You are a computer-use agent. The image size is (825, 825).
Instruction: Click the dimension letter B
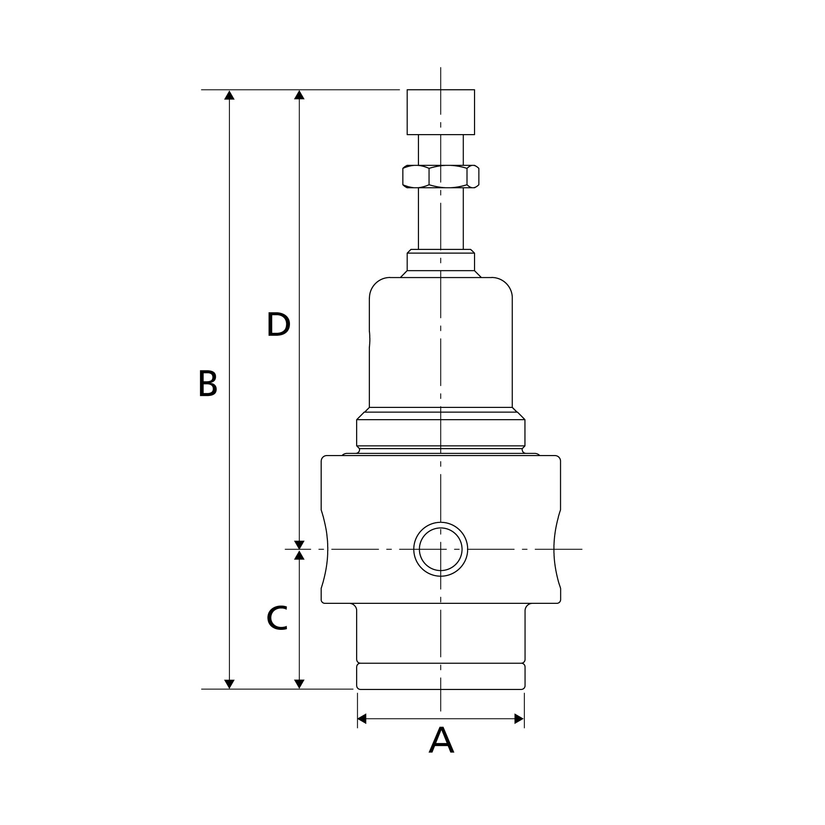pyautogui.click(x=208, y=384)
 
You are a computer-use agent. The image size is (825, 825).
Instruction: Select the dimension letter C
pyautogui.click(x=277, y=618)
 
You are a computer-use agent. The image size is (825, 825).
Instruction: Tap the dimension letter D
pyautogui.click(x=278, y=325)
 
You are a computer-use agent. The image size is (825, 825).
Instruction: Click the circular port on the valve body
pyautogui.click(x=441, y=549)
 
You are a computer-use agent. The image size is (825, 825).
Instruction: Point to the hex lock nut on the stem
pyautogui.click(x=441, y=177)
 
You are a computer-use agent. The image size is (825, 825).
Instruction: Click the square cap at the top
pyautogui.click(x=441, y=112)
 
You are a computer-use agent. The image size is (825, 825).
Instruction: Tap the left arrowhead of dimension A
pyautogui.click(x=362, y=719)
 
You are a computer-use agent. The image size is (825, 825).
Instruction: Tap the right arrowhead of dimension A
pyautogui.click(x=519, y=719)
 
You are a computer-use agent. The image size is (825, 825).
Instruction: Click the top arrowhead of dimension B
pyautogui.click(x=229, y=95)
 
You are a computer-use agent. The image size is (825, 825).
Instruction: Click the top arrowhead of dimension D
pyautogui.click(x=299, y=95)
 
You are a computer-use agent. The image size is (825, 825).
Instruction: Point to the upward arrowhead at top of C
pyautogui.click(x=299, y=555)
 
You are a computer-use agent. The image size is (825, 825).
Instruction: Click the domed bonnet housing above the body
pyautogui.click(x=441, y=342)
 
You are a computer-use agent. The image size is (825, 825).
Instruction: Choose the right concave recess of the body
pyautogui.click(x=556, y=549)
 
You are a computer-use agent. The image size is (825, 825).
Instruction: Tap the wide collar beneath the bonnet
pyautogui.click(x=441, y=433)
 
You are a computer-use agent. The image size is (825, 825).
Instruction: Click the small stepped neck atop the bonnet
pyautogui.click(x=441, y=262)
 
